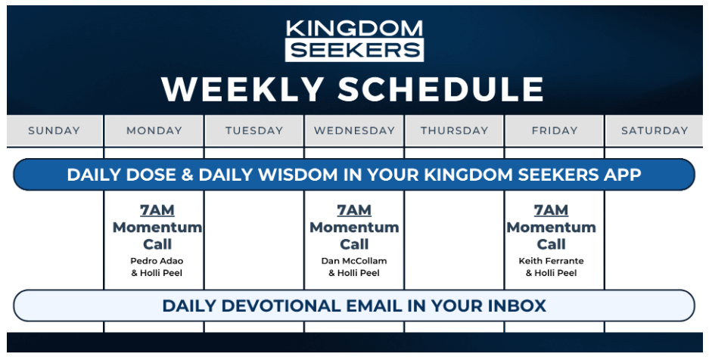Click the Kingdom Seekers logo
point(354,40)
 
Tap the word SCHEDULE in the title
point(440,89)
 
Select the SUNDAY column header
point(54,131)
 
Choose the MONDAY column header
point(154,131)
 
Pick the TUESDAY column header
point(254,131)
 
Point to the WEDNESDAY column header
point(354,131)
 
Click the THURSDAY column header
point(455,131)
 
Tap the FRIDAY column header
point(555,131)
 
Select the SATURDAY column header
point(655,131)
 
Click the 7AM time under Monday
point(157,210)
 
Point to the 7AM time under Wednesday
point(354,210)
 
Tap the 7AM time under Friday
point(551,210)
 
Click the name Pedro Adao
point(157,261)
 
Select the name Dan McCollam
point(354,261)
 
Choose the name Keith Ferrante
point(551,261)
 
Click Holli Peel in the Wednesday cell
point(359,273)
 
